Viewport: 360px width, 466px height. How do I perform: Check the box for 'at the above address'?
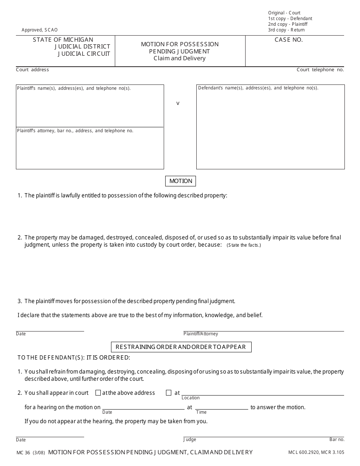point(98,393)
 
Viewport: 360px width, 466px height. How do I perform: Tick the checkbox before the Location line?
point(169,393)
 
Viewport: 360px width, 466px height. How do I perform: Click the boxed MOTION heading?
point(181,181)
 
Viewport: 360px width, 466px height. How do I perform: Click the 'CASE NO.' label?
point(289,40)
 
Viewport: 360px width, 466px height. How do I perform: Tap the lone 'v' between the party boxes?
point(178,103)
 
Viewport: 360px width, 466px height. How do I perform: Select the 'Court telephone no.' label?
point(320,70)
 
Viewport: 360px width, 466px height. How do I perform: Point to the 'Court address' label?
point(32,70)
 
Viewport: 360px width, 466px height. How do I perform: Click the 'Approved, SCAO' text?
point(40,30)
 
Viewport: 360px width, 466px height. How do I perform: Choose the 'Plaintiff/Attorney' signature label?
point(201,334)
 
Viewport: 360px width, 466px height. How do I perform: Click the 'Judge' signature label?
point(190,439)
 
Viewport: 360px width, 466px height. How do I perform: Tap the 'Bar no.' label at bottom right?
point(337,439)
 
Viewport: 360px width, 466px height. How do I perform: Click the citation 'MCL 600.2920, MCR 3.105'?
point(316,452)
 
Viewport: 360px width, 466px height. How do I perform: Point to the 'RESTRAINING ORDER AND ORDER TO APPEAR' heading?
point(181,347)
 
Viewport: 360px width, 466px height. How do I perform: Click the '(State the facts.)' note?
point(244,245)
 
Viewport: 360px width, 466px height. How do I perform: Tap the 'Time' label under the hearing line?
point(201,412)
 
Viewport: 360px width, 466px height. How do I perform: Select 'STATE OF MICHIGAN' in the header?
point(63,40)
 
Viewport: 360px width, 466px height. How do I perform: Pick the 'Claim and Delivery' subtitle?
point(180,58)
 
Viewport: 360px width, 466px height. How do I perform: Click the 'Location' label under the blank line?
point(191,398)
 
